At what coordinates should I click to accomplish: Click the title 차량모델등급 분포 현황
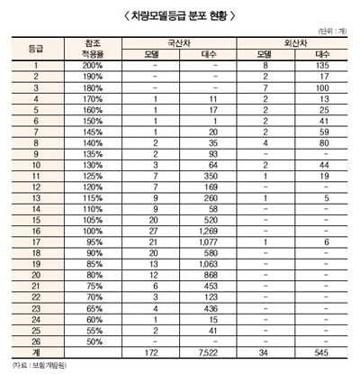coord(179,15)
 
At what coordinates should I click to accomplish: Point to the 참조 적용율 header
coord(91,49)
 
